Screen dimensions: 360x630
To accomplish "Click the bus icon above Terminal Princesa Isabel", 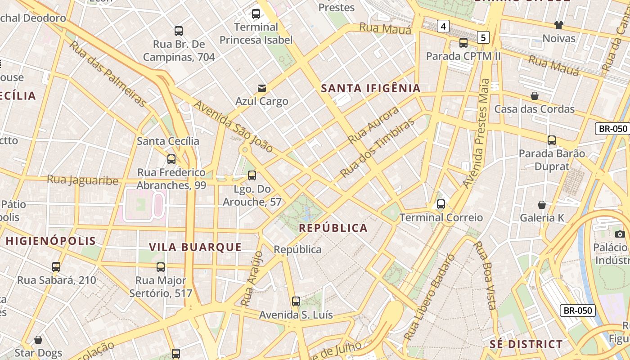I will (x=256, y=14).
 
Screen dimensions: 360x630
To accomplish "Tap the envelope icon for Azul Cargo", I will (x=262, y=88).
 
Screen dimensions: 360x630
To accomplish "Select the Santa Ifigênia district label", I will (x=371, y=88).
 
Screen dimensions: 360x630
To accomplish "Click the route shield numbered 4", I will (x=443, y=27).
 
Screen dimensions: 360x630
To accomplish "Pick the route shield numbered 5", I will (x=483, y=37).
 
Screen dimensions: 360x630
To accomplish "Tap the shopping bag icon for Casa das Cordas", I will (x=535, y=96).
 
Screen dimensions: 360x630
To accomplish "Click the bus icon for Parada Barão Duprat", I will (x=552, y=140).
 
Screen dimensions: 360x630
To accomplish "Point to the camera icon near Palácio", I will (x=620, y=234).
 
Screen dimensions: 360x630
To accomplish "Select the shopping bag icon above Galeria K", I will (x=542, y=205).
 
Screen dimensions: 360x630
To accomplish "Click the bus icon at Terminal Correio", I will (x=441, y=204).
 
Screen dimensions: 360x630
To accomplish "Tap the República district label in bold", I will (x=333, y=228).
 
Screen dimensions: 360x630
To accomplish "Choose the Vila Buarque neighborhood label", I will (x=195, y=247).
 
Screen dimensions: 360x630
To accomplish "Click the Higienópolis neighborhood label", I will (x=51, y=241).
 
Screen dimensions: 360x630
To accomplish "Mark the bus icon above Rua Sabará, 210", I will (x=56, y=267).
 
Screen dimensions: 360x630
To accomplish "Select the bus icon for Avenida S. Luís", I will (x=296, y=301).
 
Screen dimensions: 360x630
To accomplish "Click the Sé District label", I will (x=526, y=344).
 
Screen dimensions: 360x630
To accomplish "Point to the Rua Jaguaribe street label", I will (x=83, y=180).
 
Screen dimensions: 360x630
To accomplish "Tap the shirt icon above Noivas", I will (x=559, y=25).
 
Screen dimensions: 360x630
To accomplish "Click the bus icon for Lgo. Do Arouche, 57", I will (x=252, y=175).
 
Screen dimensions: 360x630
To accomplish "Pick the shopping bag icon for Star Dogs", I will (x=38, y=339).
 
